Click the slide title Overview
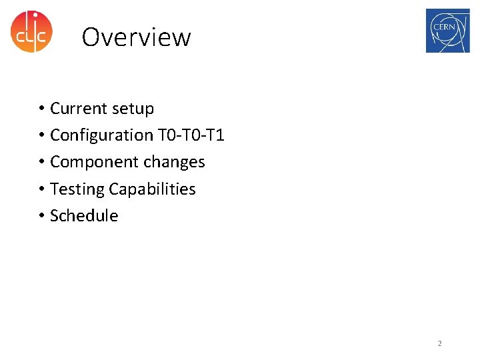click(136, 37)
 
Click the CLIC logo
click(31, 31)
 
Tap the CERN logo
click(447, 31)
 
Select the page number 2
click(439, 343)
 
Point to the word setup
click(133, 109)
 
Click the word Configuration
click(101, 135)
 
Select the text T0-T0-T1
click(191, 135)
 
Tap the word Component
click(91, 162)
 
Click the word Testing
click(77, 189)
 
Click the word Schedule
click(84, 216)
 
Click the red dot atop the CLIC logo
click(35, 15)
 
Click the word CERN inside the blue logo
click(445, 27)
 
